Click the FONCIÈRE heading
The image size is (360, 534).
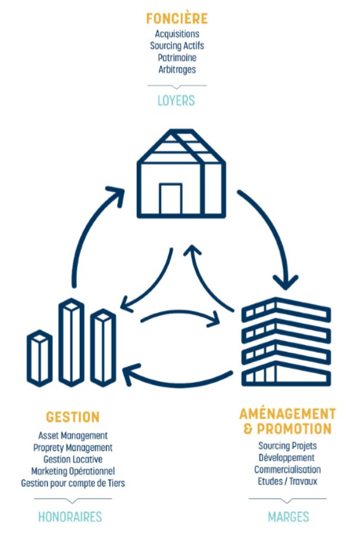coord(177,19)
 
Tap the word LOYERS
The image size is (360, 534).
coord(176,100)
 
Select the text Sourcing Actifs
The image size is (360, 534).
coord(177,45)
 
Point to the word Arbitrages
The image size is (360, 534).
coord(177,69)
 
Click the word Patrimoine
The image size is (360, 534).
coord(177,57)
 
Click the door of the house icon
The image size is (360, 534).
coord(170,199)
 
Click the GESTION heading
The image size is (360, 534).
coord(73,417)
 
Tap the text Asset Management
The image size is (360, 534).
coord(73,436)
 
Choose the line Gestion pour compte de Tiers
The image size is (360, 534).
coord(73,483)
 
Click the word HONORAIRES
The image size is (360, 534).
coord(70,516)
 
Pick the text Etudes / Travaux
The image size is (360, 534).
coord(287,481)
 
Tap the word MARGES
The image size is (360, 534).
coord(288,516)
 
